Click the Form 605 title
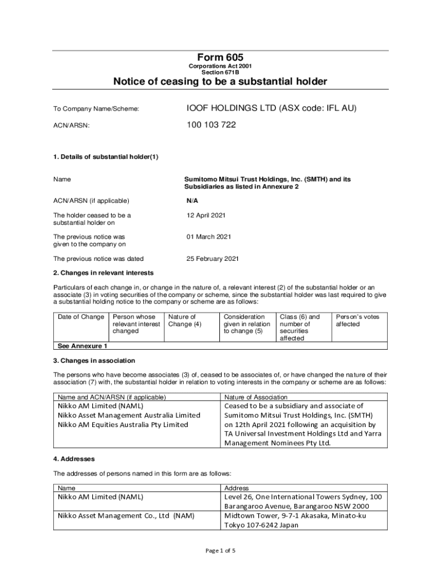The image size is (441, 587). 220,57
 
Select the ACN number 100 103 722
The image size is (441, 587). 211,124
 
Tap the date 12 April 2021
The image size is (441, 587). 206,215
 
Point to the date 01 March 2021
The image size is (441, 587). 208,236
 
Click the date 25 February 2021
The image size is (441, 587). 212,259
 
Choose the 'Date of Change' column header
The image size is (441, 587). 81,317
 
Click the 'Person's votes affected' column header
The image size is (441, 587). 357,320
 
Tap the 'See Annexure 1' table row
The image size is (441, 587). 81,346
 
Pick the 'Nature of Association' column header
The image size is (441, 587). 256,397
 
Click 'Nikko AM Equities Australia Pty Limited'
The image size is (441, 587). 123,425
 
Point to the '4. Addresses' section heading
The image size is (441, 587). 74,459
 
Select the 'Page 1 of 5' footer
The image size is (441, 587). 220,551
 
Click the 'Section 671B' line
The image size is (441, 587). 220,73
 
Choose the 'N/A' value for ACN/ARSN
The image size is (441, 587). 192,201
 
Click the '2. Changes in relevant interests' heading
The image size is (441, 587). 103,272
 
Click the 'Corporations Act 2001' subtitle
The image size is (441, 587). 220,66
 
